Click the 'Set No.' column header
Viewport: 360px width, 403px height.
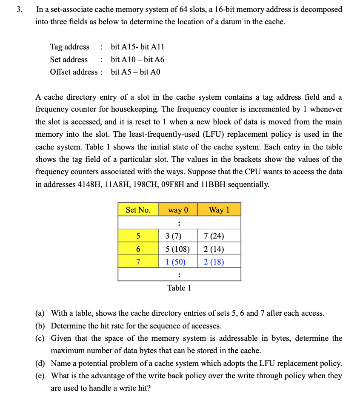coord(138,210)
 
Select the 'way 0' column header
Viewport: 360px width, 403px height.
coord(178,210)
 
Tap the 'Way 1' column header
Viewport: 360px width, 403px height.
coord(219,210)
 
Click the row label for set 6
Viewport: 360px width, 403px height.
coord(138,249)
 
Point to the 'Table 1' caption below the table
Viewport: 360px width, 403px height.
coord(179,288)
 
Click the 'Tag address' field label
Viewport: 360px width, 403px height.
coord(70,47)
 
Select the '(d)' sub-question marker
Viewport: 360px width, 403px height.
coord(40,363)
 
